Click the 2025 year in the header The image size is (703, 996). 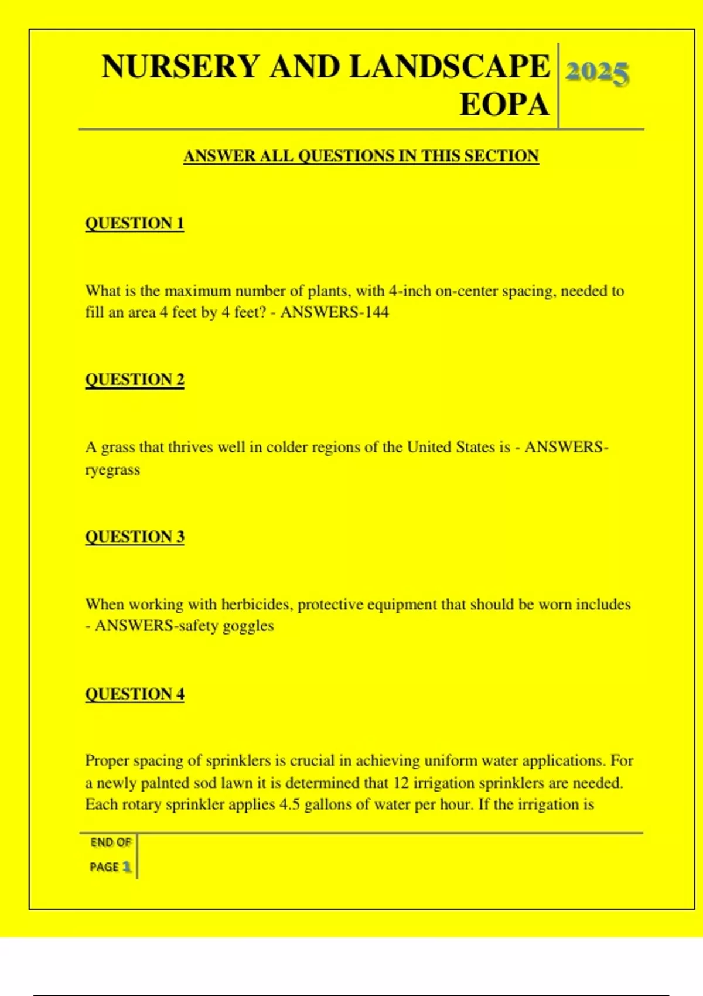point(597,73)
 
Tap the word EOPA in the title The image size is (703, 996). point(504,105)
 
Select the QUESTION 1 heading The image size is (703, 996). point(134,223)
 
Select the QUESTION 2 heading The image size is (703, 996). point(134,380)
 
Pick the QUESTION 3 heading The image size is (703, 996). point(134,537)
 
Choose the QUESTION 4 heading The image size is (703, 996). point(134,694)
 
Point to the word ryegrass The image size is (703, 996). point(112,470)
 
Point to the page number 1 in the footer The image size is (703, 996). point(127,867)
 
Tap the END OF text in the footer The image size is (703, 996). point(110,842)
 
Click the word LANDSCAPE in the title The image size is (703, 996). point(449,66)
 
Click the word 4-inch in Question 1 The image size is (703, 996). point(410,291)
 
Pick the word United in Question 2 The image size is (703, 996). point(431,447)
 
